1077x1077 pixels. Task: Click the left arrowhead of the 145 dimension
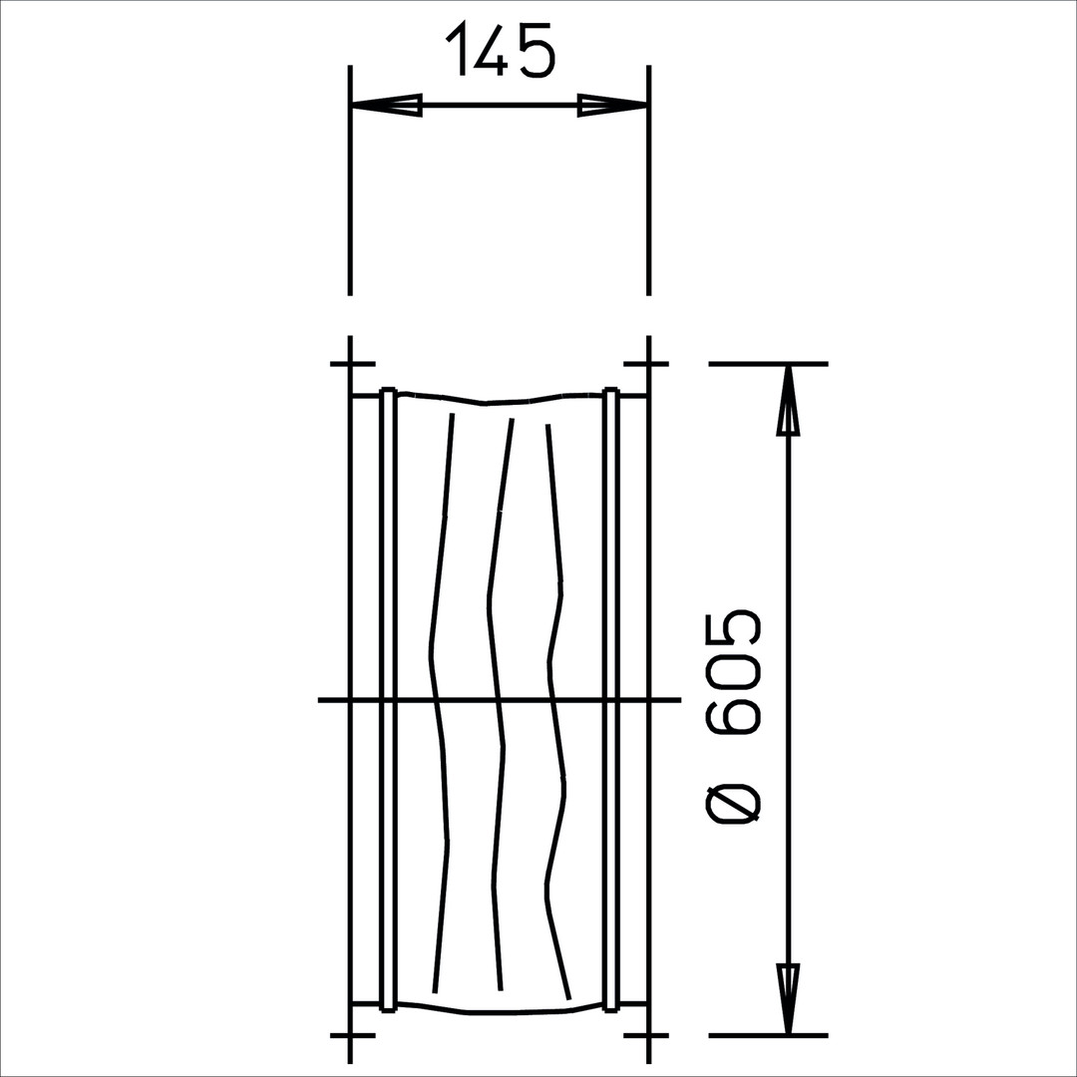point(386,105)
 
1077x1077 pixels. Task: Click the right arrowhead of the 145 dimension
point(612,105)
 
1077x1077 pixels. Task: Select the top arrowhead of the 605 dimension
point(788,399)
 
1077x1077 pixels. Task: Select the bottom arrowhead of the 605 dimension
point(788,999)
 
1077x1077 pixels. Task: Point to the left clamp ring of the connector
point(388,699)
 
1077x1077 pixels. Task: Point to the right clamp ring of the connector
point(611,699)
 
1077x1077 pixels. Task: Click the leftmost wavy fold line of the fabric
point(440,701)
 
